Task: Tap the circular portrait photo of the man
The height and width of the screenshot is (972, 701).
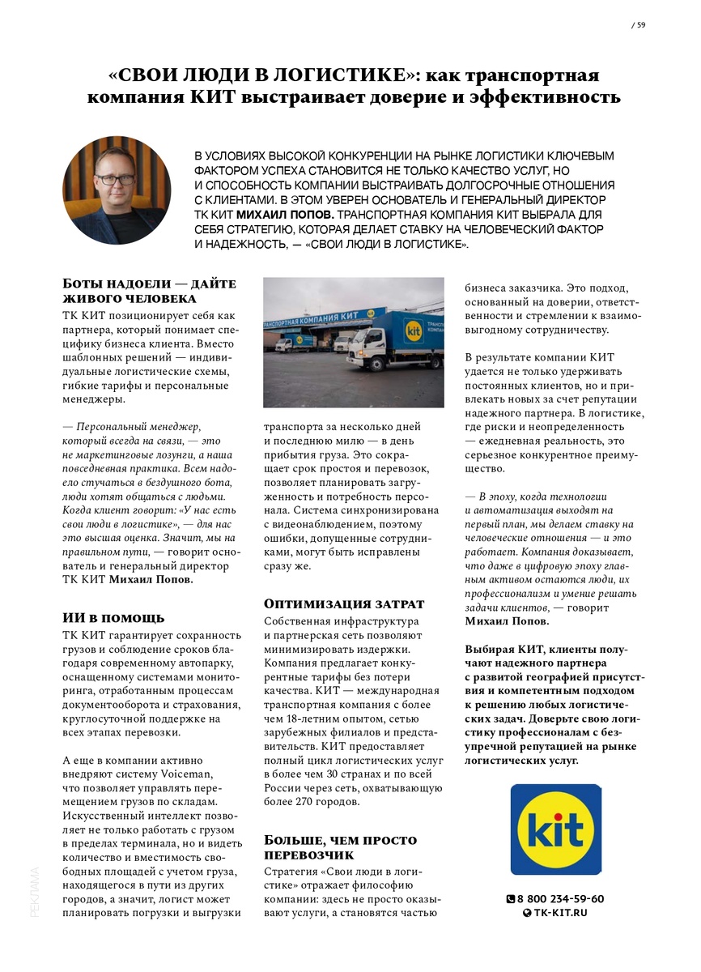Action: (117, 190)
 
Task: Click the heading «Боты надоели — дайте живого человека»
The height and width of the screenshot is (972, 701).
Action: (149, 291)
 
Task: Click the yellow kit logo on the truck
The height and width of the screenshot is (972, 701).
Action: (413, 330)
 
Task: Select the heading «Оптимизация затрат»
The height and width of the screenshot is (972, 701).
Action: (344, 603)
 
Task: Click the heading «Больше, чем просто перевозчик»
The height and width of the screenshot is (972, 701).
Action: (341, 846)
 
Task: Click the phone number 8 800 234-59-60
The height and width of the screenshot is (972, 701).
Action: (560, 898)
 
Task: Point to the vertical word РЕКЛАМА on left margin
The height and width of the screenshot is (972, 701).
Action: (34, 891)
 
